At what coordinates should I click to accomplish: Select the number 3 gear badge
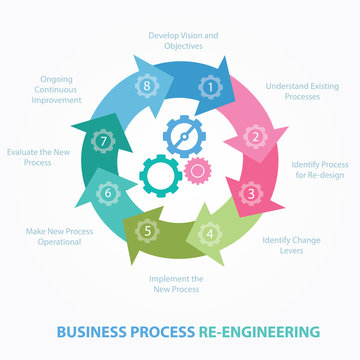click(252, 192)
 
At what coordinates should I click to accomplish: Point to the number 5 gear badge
click(148, 232)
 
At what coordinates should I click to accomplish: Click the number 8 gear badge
click(148, 87)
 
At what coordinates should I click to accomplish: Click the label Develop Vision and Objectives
click(182, 41)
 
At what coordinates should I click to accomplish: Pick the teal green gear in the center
click(161, 174)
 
